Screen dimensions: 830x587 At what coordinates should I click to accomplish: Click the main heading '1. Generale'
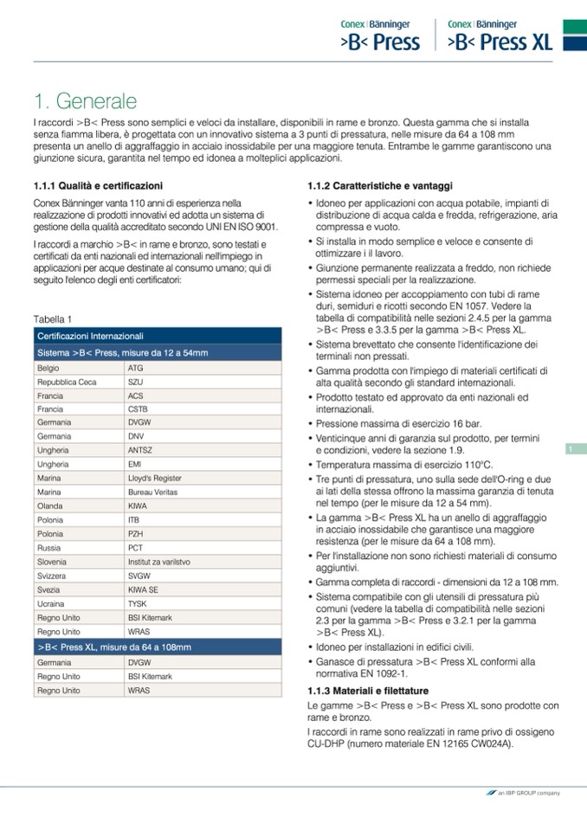85,100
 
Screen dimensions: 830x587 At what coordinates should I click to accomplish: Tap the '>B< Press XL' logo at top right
500,35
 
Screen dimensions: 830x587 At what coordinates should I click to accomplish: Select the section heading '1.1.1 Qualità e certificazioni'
97,186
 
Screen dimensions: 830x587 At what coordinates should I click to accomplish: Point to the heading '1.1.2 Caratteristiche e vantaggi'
380,186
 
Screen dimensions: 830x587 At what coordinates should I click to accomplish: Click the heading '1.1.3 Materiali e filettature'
368,690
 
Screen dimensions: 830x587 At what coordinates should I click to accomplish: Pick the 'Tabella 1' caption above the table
52,319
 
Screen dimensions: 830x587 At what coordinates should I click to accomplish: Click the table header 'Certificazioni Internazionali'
90,336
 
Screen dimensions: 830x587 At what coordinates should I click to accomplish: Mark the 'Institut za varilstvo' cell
158,562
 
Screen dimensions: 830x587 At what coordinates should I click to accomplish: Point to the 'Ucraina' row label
51,603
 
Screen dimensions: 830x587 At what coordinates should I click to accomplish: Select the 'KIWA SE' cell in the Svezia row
143,589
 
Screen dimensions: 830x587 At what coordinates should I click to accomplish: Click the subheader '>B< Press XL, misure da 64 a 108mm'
114,647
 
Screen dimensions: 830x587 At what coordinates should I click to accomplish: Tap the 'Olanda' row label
50,506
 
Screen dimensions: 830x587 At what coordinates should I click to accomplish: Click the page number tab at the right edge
573,448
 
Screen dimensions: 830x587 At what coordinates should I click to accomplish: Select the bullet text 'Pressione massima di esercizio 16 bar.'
399,424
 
